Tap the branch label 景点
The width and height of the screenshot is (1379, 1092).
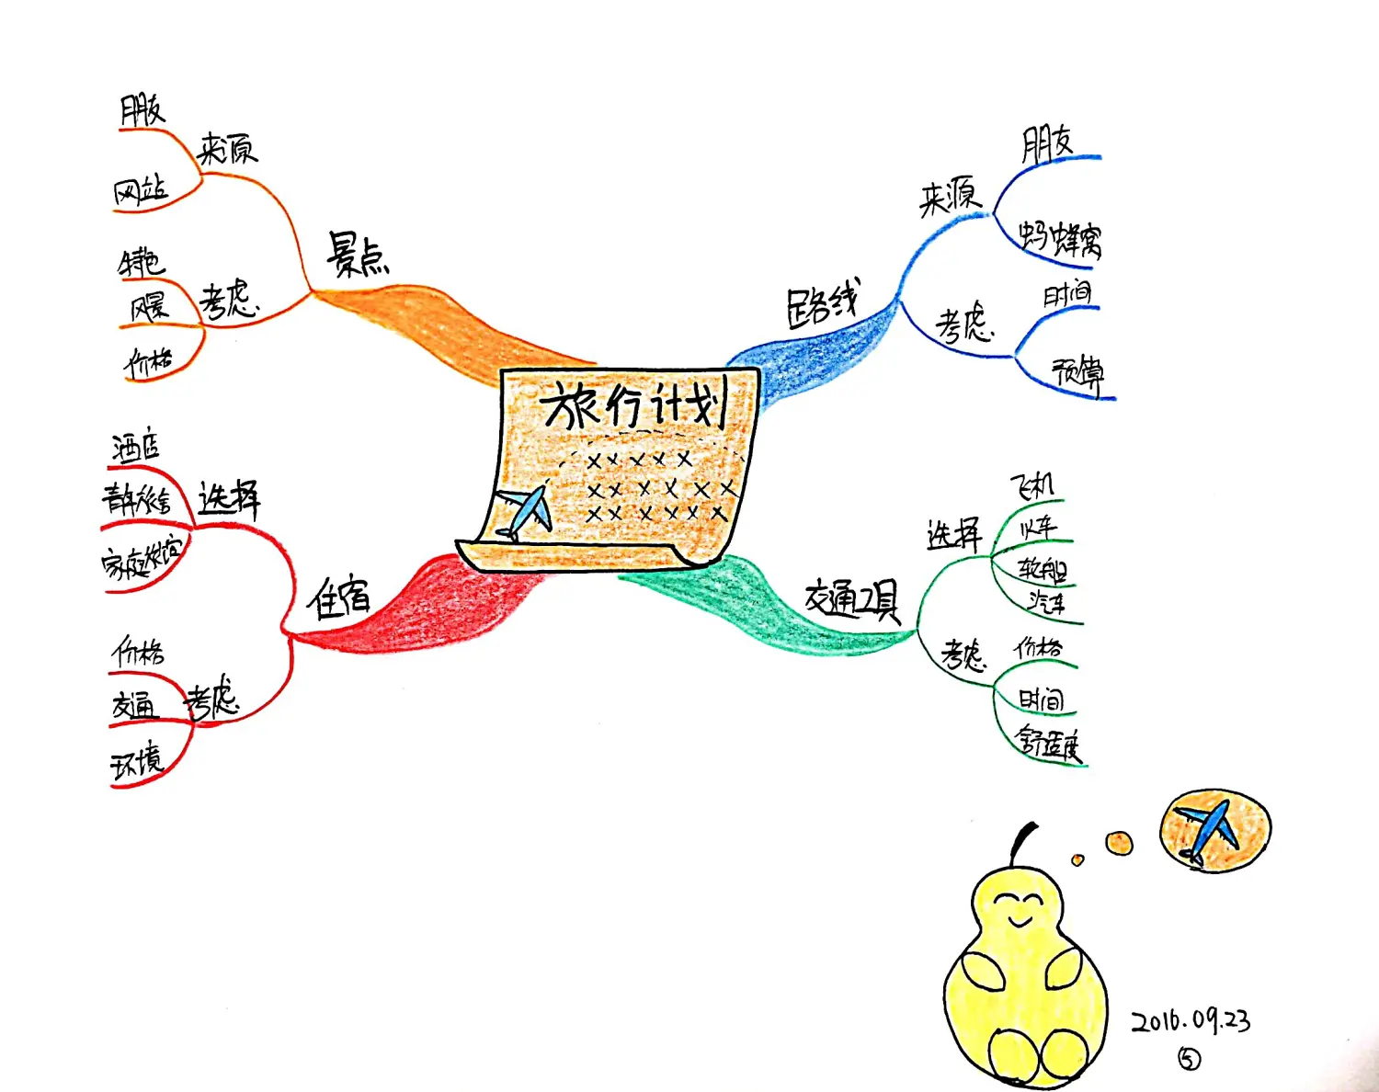coord(358,256)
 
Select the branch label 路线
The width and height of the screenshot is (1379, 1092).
coord(822,304)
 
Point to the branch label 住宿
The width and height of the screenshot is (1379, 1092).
coord(338,598)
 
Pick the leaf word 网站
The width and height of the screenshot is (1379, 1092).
coord(141,191)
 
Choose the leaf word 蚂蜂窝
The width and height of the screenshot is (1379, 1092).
coord(1060,237)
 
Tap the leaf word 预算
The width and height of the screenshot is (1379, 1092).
coord(1078,372)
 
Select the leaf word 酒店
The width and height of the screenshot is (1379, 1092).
coord(136,448)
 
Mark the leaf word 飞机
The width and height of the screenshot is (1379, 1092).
coord(1032,484)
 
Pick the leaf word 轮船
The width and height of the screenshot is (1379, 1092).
coord(1043,569)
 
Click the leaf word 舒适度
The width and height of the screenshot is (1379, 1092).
coord(1048,742)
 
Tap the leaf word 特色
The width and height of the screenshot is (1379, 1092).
coord(141,263)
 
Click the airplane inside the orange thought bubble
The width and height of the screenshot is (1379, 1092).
coord(1209,830)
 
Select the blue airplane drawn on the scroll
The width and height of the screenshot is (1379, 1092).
coord(524,512)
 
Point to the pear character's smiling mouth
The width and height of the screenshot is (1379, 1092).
coord(1020,919)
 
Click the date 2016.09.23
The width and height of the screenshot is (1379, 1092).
coord(1191,1021)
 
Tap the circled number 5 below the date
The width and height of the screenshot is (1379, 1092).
coord(1189,1060)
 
